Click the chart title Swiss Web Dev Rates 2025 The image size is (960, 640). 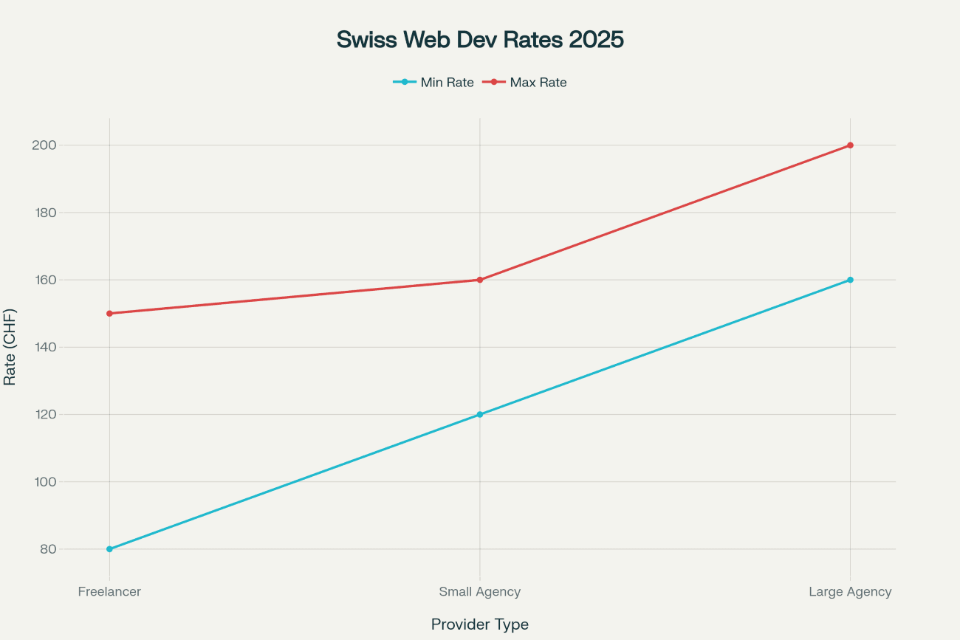(480, 40)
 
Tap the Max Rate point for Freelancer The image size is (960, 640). (109, 314)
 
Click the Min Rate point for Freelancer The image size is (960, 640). (109, 549)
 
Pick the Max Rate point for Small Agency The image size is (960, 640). (480, 280)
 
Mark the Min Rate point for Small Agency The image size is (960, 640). (480, 414)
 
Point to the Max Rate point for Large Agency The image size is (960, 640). (850, 145)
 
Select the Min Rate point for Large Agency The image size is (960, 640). (850, 280)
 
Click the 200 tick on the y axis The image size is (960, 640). (44, 145)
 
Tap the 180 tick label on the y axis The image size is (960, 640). (44, 213)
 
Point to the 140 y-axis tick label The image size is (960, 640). (44, 347)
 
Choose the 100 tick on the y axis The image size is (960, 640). (44, 482)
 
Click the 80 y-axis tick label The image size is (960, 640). (47, 549)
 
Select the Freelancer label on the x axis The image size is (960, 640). (109, 592)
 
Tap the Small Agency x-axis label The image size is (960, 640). (480, 592)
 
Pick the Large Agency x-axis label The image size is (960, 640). (850, 592)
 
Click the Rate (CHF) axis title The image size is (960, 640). (10, 347)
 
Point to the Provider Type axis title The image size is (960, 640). (480, 624)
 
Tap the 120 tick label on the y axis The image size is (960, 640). (44, 414)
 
